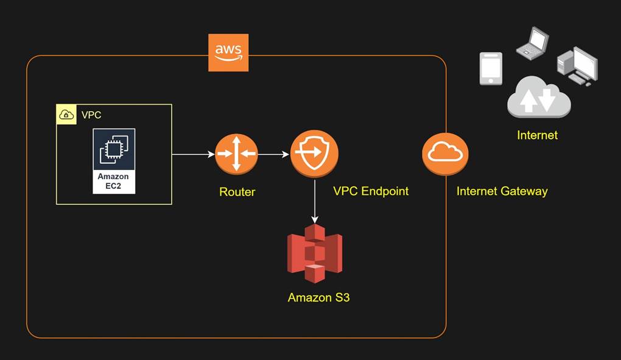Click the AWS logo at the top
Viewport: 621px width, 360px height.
click(228, 52)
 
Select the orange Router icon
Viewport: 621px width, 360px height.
click(236, 154)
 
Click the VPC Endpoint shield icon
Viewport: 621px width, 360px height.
click(314, 154)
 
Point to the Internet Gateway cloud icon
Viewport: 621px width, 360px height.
click(445, 154)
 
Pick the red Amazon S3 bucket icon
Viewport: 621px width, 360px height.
click(315, 253)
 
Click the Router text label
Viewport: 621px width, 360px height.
click(237, 192)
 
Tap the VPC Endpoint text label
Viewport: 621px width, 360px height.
click(371, 191)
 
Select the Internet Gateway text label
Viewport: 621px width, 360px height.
click(502, 191)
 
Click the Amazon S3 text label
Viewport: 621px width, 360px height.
click(318, 298)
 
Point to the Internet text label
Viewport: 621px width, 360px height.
click(537, 135)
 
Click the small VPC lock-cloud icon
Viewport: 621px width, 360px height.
click(66, 115)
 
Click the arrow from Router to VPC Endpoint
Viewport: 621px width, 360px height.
click(273, 155)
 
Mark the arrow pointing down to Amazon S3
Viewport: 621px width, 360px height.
click(315, 201)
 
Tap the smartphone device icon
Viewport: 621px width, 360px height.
click(491, 68)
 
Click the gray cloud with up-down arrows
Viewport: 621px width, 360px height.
click(538, 99)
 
